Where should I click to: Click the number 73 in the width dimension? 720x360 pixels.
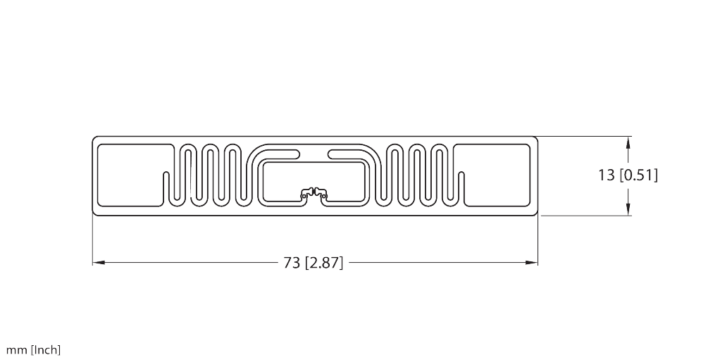[292, 263]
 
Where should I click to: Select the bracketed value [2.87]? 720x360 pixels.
[324, 263]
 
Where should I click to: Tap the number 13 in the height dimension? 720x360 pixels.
[606, 175]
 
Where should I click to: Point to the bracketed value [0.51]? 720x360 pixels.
[639, 175]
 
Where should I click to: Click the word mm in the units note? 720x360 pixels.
[16, 350]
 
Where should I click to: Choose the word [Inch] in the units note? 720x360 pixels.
[46, 350]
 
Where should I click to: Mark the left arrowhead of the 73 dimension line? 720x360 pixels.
[98, 263]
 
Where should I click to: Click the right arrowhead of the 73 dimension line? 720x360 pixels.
[532, 263]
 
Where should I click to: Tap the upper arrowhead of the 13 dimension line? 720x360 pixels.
[628, 142]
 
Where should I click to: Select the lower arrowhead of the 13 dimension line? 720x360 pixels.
[628, 209]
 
